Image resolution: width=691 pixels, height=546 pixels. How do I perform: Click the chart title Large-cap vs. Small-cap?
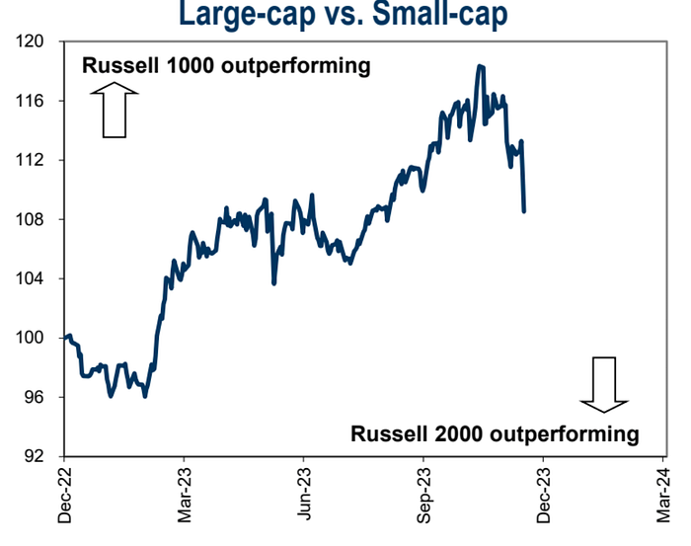(347, 14)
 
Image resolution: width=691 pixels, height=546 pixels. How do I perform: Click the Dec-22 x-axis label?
(65, 494)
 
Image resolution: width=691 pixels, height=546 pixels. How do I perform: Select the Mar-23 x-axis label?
(185, 494)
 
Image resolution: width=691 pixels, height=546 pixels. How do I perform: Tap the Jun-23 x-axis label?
(304, 494)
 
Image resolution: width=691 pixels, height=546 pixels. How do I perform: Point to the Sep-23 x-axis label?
(423, 494)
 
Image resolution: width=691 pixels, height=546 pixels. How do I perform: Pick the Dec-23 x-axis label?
(543, 494)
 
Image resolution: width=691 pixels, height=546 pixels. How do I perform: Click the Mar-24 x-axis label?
(662, 494)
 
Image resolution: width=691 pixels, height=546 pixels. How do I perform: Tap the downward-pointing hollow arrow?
(604, 383)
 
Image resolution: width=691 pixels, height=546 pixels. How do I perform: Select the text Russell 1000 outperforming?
(225, 67)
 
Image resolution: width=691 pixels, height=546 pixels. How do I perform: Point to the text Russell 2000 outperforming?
(496, 432)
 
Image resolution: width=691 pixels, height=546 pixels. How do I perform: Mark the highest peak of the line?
(480, 66)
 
